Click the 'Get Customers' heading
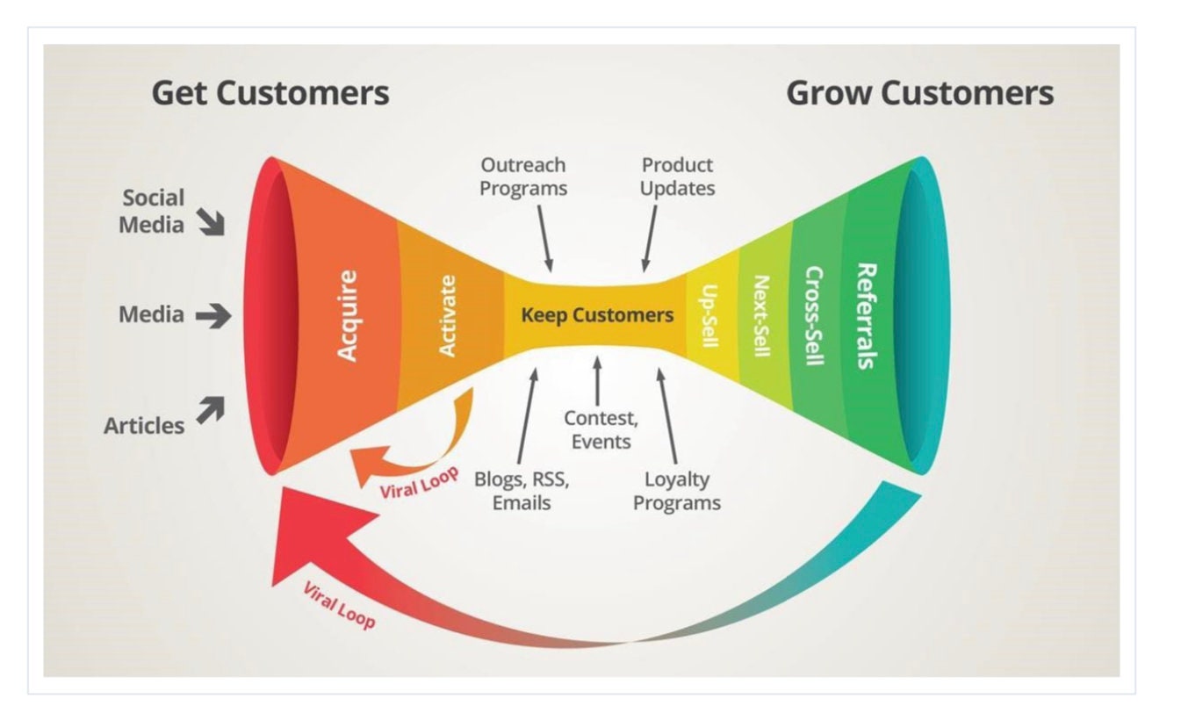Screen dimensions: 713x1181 coord(270,92)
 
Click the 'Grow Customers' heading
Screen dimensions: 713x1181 coord(919,92)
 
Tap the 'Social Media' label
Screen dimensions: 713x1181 coord(153,211)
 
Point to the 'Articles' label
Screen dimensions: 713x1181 coord(144,426)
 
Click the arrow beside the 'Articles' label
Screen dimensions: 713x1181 coord(210,409)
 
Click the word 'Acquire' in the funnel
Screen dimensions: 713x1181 coord(348,315)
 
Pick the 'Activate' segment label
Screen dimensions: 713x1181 coord(447,315)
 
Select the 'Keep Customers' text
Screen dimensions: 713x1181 coord(597,315)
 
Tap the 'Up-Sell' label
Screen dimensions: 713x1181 coord(711,315)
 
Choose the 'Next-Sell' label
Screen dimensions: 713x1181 coord(761,315)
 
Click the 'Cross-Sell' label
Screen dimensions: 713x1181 coord(814,315)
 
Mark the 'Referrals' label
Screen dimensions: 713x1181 coord(866,315)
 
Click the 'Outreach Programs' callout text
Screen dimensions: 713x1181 coord(523,176)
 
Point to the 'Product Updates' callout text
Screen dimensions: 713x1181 coord(677,176)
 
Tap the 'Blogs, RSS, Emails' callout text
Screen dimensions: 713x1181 coord(522,491)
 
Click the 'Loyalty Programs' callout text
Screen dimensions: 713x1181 coord(677,491)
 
